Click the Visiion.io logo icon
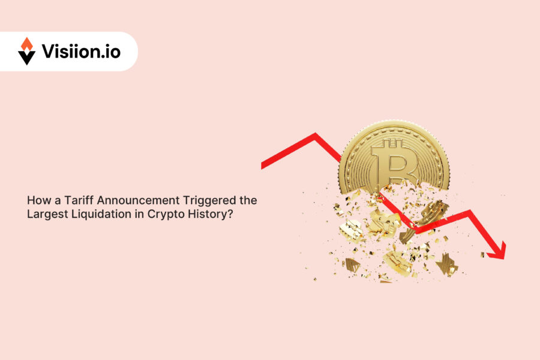26,51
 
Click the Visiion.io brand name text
81,52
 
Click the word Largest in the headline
46,214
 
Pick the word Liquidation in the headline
97,214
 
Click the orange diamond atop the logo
26,44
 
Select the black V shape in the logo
26,57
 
